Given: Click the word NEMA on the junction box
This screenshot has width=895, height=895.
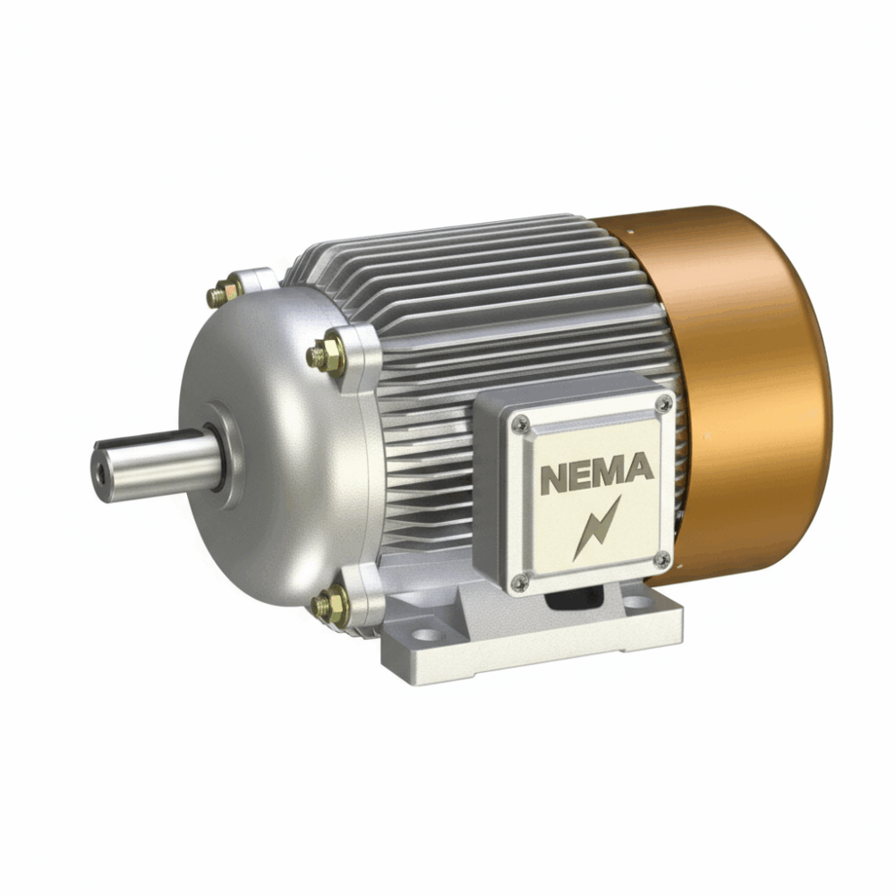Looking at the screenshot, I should (x=596, y=472).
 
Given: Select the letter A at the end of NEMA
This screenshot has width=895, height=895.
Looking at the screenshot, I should (x=640, y=467).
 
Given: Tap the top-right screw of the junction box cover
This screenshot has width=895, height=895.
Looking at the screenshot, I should (x=662, y=404).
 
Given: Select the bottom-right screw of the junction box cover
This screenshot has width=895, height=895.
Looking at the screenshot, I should (x=661, y=559).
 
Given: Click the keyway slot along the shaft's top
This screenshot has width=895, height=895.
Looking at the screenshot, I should (x=152, y=439).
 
